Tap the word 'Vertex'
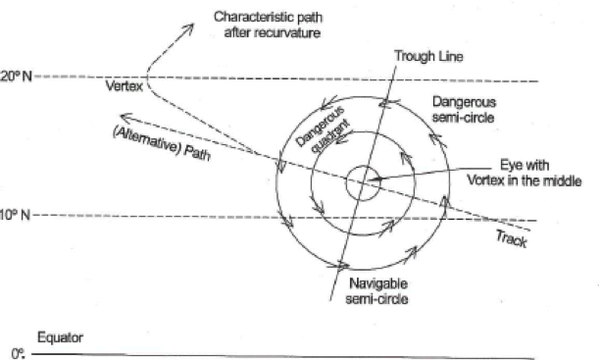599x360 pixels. pyautogui.click(x=124, y=87)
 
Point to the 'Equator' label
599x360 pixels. pyautogui.click(x=59, y=335)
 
